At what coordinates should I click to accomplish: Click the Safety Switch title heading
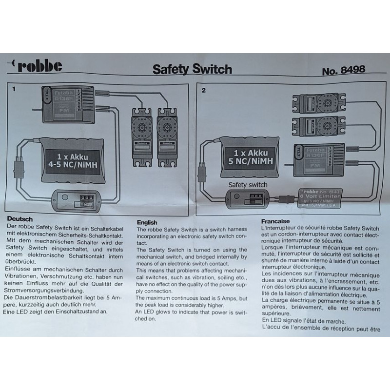(x=192, y=69)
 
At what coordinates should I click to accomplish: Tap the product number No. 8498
(x=343, y=70)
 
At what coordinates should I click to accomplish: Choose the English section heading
(x=147, y=222)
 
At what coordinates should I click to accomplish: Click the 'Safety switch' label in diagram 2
(x=248, y=185)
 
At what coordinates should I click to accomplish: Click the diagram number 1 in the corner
(x=14, y=89)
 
